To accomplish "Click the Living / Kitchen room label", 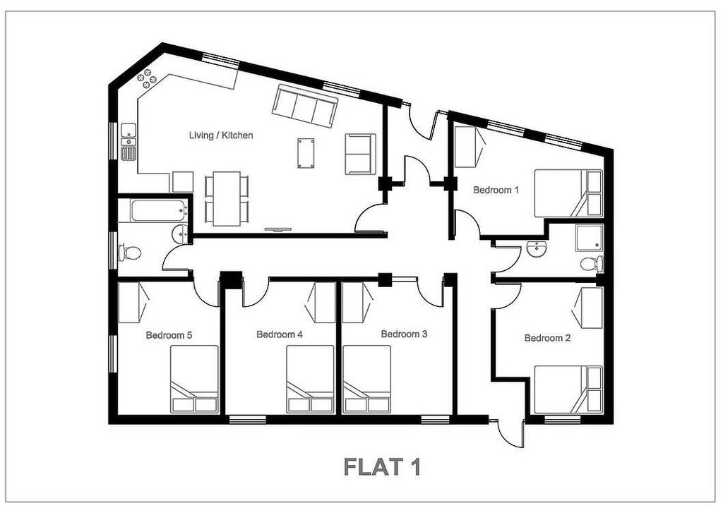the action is (x=221, y=135).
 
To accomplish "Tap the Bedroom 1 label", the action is (x=496, y=190).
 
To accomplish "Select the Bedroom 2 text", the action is (x=547, y=338).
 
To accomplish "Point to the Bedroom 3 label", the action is (x=404, y=334).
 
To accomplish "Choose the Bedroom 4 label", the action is (x=280, y=334).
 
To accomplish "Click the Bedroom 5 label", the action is (x=169, y=335).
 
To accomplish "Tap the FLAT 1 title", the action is (x=382, y=467).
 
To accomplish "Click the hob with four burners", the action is (x=148, y=78).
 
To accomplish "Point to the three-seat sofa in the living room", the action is (x=304, y=107).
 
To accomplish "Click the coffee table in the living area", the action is (x=306, y=152).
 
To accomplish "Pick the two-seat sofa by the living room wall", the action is (x=360, y=154).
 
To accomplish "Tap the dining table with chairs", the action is (x=227, y=199).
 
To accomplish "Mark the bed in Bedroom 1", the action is (x=568, y=193).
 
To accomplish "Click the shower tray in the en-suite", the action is (x=589, y=238).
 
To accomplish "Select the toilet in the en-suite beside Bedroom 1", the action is (x=592, y=264).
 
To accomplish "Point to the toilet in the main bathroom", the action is (x=130, y=253).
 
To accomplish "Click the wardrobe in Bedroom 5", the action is (x=133, y=303).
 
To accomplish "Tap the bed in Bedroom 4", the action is (x=310, y=379).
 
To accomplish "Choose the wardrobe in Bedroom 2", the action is (x=587, y=308).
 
